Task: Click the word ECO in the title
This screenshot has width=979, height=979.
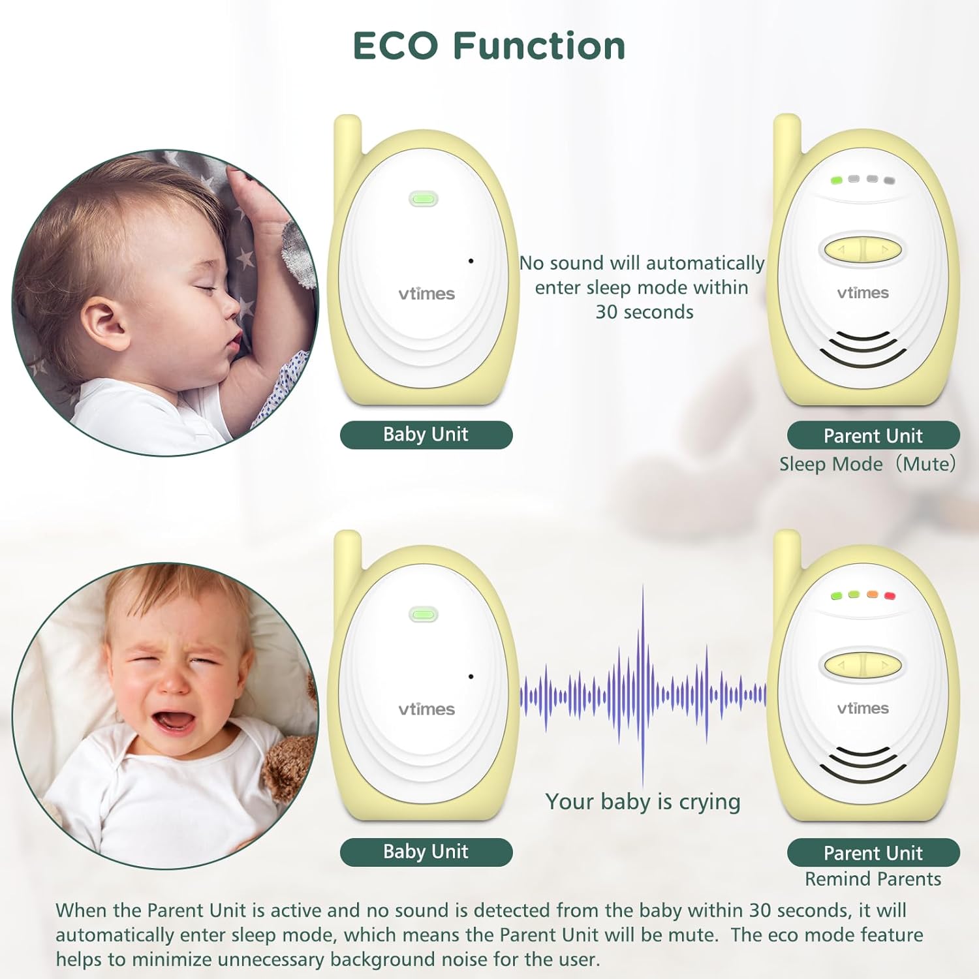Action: (395, 46)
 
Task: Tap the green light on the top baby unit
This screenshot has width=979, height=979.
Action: (424, 198)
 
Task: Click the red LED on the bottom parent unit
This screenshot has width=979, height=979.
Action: (889, 596)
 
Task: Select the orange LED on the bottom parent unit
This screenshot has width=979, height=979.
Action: (872, 595)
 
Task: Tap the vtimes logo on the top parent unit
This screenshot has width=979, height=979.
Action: (863, 293)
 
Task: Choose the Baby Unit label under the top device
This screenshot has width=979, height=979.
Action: (426, 435)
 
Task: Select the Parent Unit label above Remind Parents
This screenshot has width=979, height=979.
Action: (873, 852)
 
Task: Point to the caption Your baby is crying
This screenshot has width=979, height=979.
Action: (643, 801)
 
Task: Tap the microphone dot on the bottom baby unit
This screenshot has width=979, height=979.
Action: (471, 676)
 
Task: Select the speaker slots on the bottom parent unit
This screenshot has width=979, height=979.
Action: (863, 764)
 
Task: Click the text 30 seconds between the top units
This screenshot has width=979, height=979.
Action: (644, 312)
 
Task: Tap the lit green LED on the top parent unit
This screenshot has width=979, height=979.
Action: (836, 179)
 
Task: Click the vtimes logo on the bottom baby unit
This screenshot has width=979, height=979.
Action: (426, 709)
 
